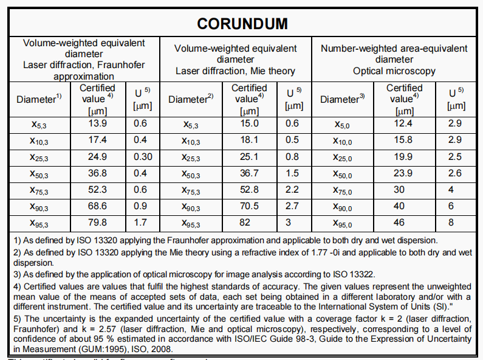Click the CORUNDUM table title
point(242,24)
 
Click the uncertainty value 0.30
point(142,156)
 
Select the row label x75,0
point(343,190)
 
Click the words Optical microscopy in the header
point(394,71)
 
